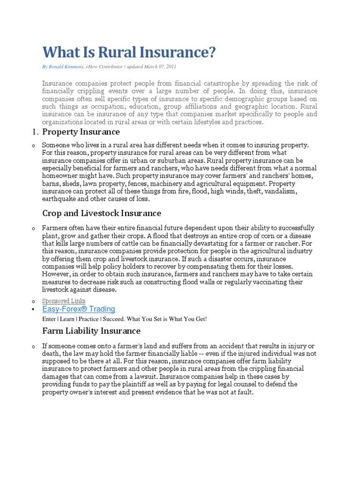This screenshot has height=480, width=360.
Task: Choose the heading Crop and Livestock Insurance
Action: tap(102, 213)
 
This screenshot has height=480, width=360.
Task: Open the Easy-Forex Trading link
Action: tap(78, 309)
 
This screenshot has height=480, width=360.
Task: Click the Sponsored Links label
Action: tap(64, 300)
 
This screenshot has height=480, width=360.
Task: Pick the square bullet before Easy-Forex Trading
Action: tap(33, 310)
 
